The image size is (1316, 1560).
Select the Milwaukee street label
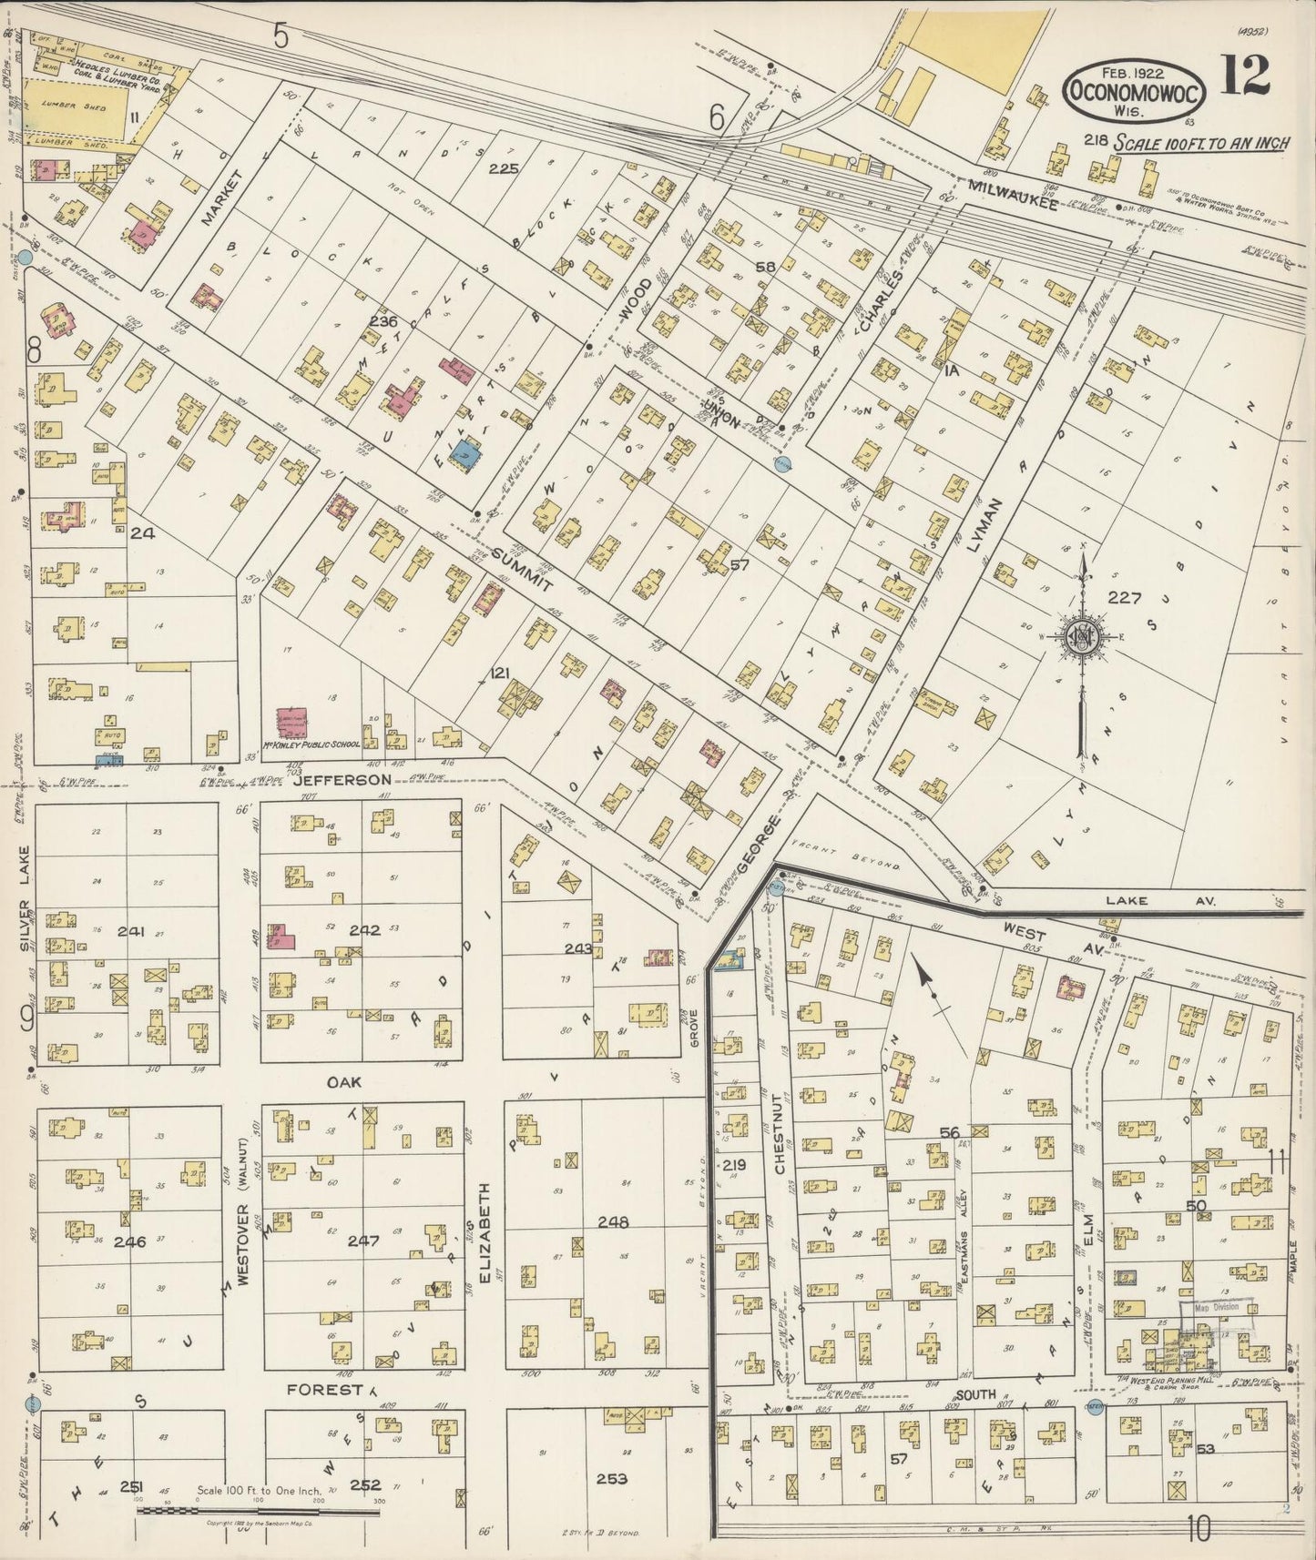click(x=1014, y=197)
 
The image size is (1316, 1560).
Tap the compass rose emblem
click(x=1083, y=634)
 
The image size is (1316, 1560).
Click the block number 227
click(x=1125, y=598)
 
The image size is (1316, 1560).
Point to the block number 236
click(x=385, y=321)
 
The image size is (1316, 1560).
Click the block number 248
click(x=613, y=1222)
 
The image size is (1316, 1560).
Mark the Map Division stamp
click(x=1217, y=1308)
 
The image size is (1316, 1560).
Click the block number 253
click(x=611, y=1479)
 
